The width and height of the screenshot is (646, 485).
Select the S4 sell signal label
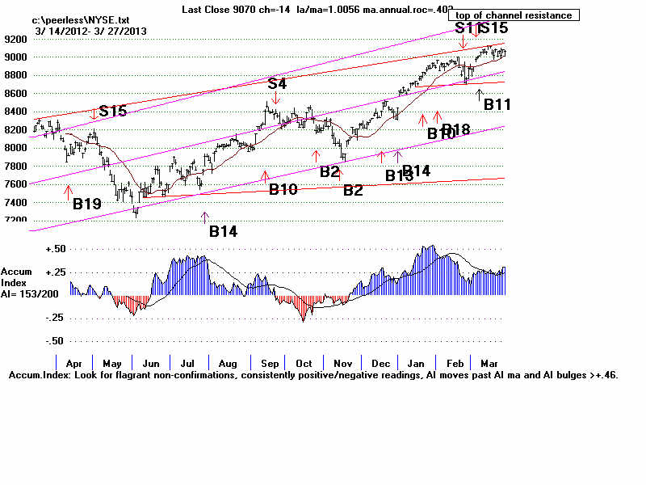(x=277, y=83)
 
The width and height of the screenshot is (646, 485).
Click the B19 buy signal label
(x=87, y=205)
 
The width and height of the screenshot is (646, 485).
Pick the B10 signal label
(x=283, y=189)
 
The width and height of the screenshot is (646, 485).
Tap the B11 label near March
(x=497, y=104)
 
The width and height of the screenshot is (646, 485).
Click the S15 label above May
(x=112, y=112)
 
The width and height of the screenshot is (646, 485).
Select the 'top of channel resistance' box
(x=514, y=15)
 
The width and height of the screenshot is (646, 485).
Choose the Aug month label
(x=228, y=365)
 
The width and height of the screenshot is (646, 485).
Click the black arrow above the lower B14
(x=204, y=216)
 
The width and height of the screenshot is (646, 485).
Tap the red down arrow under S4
(x=276, y=98)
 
